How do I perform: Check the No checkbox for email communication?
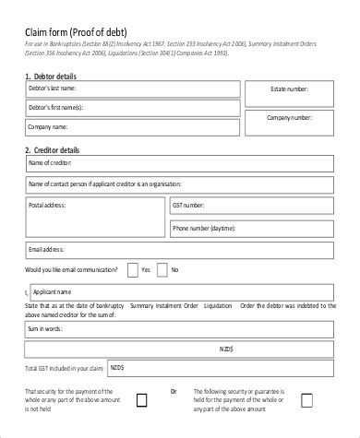(162, 270)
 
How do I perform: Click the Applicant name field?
(185, 290)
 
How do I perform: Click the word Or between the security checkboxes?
(174, 391)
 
